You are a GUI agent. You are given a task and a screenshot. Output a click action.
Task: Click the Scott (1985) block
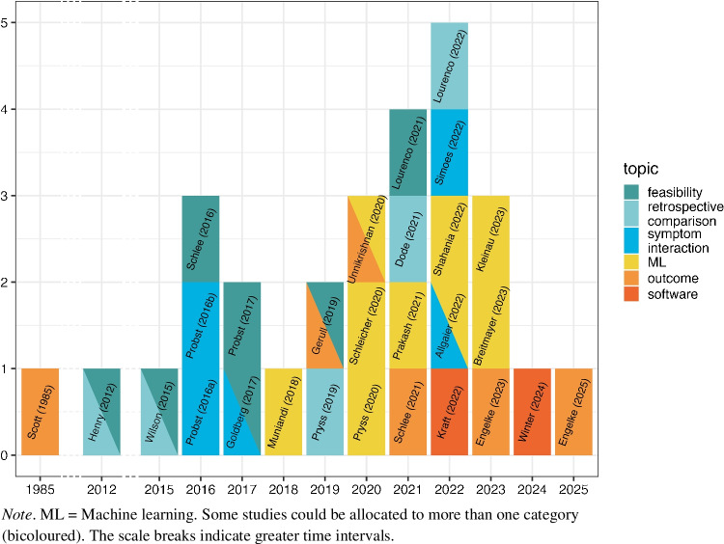[x=40, y=411]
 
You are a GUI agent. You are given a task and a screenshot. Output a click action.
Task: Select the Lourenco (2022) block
[x=449, y=66]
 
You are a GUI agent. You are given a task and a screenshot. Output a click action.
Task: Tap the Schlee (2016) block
[x=202, y=238]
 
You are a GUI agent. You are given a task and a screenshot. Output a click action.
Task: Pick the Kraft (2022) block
[x=449, y=411]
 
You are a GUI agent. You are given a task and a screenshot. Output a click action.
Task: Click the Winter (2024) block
[x=533, y=411]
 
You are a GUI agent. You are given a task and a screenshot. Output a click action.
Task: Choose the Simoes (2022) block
[x=449, y=151]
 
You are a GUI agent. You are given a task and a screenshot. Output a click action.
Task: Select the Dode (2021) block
[x=408, y=238]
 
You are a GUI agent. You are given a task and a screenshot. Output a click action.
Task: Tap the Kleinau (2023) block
[x=491, y=238]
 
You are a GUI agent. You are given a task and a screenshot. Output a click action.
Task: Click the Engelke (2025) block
[x=573, y=411]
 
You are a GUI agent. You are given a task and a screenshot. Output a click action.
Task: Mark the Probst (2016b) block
[x=202, y=324]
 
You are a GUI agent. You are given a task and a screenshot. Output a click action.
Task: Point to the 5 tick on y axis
[x=9, y=23]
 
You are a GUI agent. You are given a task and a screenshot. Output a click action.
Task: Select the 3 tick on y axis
[x=9, y=196]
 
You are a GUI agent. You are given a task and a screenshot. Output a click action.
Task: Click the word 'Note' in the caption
[x=16, y=516]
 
